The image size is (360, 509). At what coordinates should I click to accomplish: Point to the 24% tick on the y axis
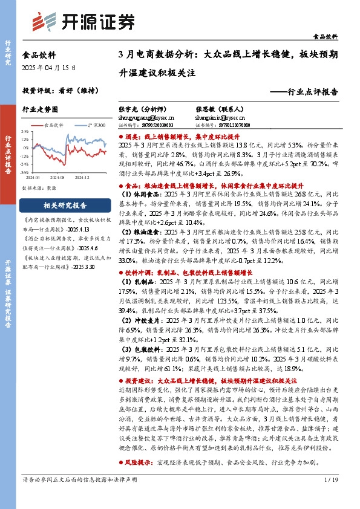(24, 131)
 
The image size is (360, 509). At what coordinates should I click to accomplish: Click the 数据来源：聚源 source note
(42, 189)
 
